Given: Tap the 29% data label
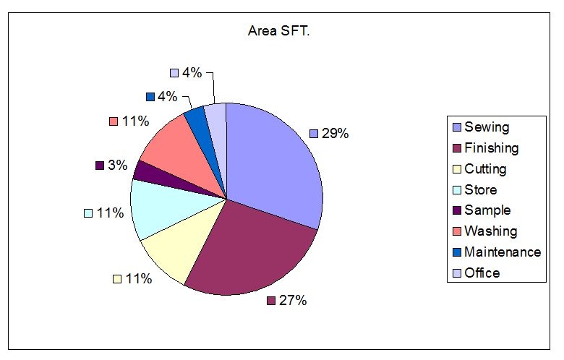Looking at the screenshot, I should pos(335,133).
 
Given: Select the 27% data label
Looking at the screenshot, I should pos(293,300).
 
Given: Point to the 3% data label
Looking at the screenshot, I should pos(117,165).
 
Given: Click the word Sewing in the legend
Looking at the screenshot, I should pos(487,127).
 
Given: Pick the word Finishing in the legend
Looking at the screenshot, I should pos(492,148).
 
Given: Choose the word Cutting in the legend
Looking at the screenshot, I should pos(485,169).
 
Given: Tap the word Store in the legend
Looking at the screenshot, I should pos(481,190).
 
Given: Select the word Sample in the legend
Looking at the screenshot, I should pos(487,210).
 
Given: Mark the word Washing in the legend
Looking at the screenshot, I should pos(491,231).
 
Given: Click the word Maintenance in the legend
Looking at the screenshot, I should pos(503,252).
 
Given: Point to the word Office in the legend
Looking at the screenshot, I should pos(482,273).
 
